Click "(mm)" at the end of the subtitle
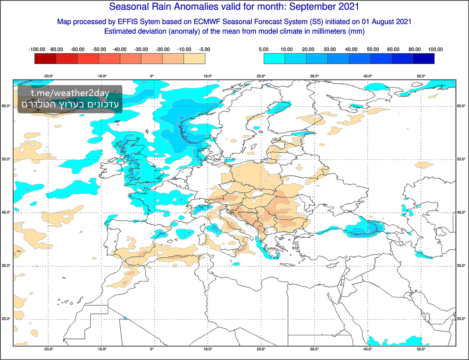356,31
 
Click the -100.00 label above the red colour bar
37,50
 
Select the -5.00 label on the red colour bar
204,50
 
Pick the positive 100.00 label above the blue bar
435,50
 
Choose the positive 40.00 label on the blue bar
350,50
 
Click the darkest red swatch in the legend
45,59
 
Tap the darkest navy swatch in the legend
424,59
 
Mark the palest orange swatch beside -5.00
194,59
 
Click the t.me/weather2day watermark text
70,93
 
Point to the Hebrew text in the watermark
70,104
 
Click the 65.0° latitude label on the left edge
6,106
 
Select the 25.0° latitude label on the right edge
462,319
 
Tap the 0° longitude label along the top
152,76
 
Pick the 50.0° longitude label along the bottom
421,349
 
